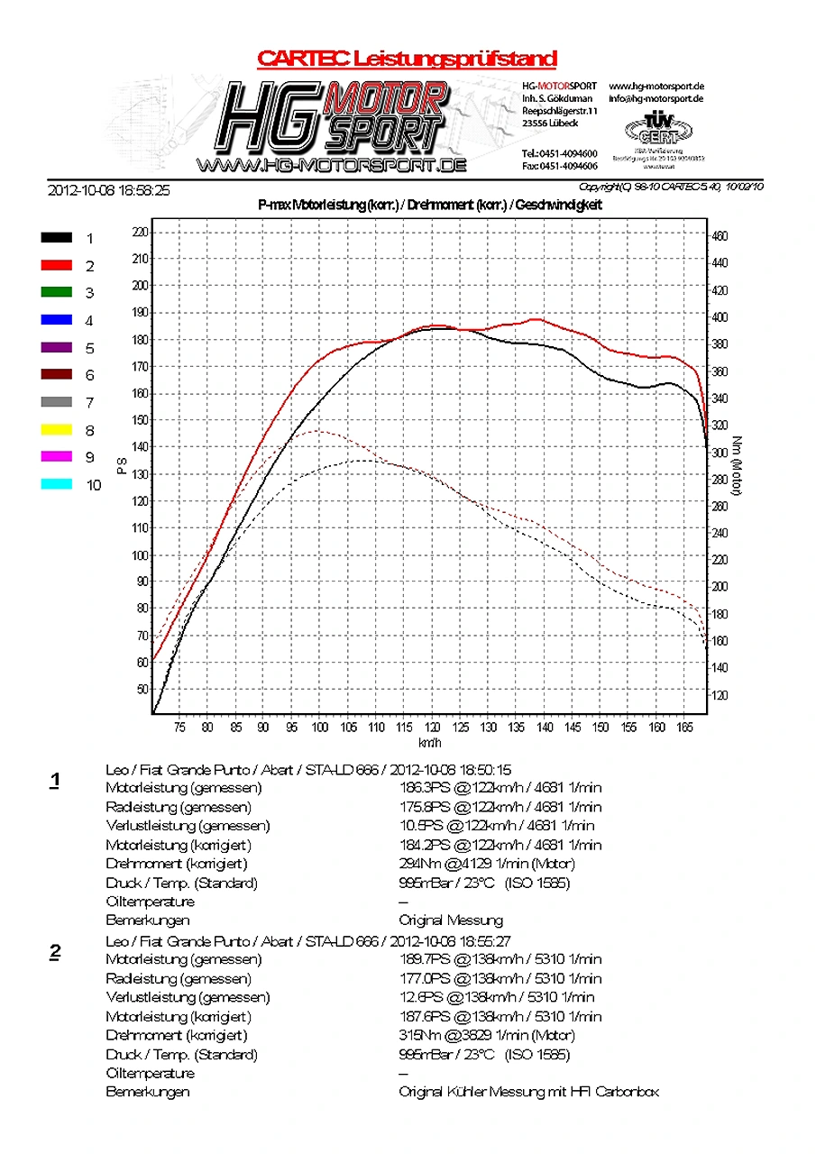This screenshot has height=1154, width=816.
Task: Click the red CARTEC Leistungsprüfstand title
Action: [x=407, y=60]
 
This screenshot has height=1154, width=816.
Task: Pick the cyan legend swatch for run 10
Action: [x=56, y=484]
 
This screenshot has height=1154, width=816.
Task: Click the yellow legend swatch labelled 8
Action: [x=56, y=430]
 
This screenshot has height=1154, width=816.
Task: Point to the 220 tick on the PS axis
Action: [x=139, y=232]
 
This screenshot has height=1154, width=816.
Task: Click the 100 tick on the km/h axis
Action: [x=319, y=728]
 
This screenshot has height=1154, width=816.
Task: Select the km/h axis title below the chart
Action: [x=429, y=742]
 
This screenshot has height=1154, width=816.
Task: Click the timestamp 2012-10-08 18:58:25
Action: [x=108, y=191]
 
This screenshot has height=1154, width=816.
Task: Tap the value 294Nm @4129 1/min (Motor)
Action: [x=487, y=864]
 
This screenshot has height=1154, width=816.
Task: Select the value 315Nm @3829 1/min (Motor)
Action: [x=487, y=1035]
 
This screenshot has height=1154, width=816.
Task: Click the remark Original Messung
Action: [x=451, y=920]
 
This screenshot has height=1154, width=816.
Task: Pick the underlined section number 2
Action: [x=55, y=952]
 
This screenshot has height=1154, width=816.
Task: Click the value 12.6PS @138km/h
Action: [x=497, y=997]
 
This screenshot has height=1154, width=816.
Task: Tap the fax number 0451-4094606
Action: [x=559, y=166]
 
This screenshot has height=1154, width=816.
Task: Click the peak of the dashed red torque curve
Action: [x=316, y=431]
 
